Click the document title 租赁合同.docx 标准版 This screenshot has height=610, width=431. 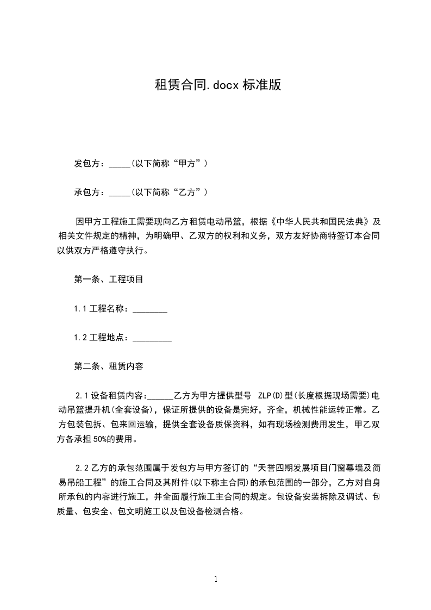(x=217, y=85)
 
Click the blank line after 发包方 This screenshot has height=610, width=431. (x=120, y=164)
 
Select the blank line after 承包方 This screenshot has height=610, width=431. (x=120, y=192)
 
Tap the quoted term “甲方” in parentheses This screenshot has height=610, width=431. (x=186, y=163)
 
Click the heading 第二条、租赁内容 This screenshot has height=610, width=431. (x=109, y=366)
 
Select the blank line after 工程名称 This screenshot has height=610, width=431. (x=150, y=309)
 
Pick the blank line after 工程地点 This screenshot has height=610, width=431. (x=152, y=338)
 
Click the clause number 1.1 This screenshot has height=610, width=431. (x=80, y=309)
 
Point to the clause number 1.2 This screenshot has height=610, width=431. (x=80, y=338)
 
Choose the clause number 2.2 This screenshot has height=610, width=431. (x=82, y=467)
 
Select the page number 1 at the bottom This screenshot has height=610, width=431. (x=216, y=579)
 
